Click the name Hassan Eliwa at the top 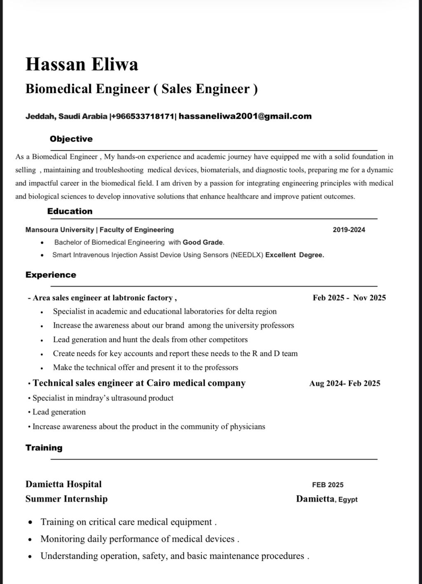(82, 64)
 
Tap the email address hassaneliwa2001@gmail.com (245, 116)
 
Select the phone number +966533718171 (143, 116)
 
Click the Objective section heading (71, 139)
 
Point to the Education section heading (70, 211)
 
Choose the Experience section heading (51, 275)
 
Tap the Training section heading (44, 448)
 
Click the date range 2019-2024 (349, 230)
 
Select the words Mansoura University (59, 230)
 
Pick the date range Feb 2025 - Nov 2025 (349, 298)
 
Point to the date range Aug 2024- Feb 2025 (345, 383)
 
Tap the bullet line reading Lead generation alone (59, 412)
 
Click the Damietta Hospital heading (63, 484)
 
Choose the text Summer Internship (66, 499)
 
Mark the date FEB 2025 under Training (328, 485)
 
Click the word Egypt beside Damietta (348, 500)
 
